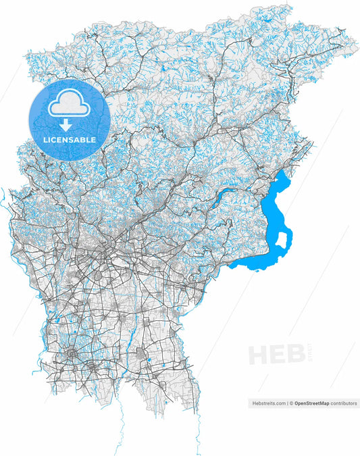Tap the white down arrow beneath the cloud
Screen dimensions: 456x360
coord(66,125)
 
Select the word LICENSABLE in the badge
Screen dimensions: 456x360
coord(70,140)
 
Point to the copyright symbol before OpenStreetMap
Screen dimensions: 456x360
coord(291,403)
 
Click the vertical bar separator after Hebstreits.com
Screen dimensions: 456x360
coord(286,403)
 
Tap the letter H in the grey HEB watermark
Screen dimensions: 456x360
coord(259,354)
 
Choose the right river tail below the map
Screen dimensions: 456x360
coord(197,432)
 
